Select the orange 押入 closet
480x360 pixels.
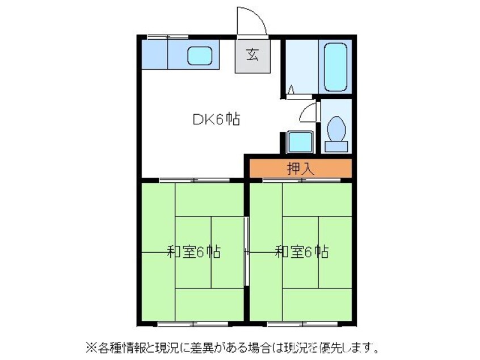[298, 168]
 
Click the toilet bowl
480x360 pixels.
[336, 129]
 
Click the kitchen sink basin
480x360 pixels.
[199, 56]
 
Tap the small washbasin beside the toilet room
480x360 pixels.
[299, 141]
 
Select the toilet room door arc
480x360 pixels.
[307, 112]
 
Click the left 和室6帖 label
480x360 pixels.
[193, 251]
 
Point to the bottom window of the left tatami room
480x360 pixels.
[192, 324]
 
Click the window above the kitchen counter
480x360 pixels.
[167, 37]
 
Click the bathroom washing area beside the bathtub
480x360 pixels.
[301, 66]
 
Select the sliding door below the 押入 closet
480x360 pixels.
[301, 180]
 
